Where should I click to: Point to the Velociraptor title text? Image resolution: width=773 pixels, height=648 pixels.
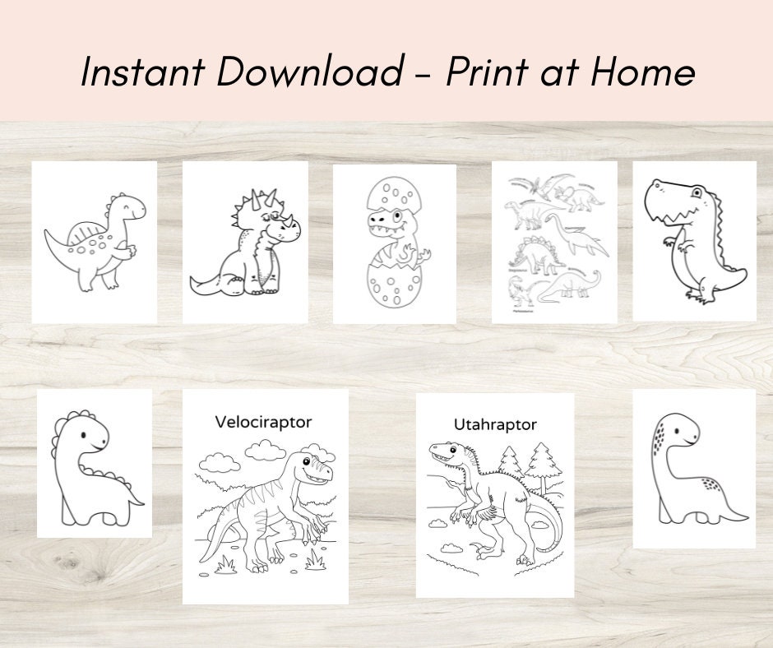pyautogui.click(x=263, y=422)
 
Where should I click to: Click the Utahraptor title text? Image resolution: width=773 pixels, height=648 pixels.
pyautogui.click(x=495, y=424)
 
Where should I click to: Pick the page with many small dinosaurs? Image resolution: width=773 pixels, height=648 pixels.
pyautogui.click(x=554, y=242)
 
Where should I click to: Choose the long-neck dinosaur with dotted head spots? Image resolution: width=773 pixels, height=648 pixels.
pyautogui.click(x=694, y=469)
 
